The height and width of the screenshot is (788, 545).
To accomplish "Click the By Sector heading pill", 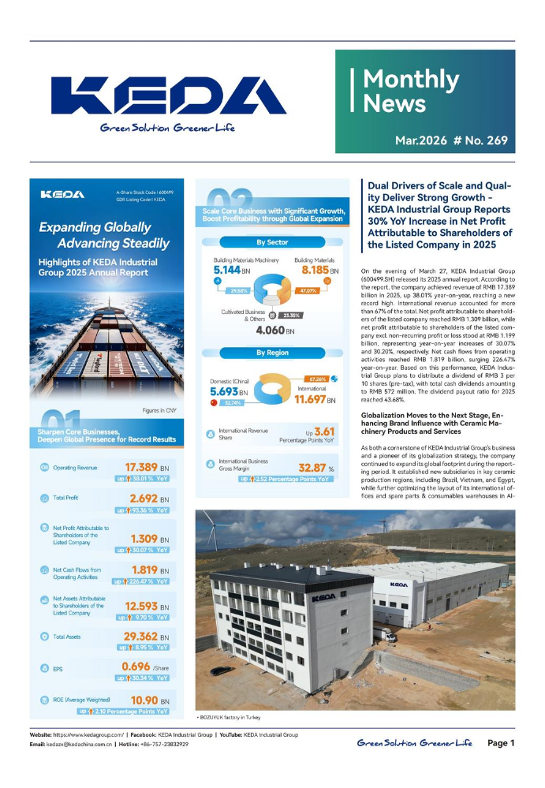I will [272, 241].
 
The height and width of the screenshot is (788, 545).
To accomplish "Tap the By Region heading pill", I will [272, 353].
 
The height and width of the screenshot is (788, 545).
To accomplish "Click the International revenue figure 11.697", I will [314, 401].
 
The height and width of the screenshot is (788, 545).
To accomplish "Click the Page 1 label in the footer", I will [501, 743].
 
